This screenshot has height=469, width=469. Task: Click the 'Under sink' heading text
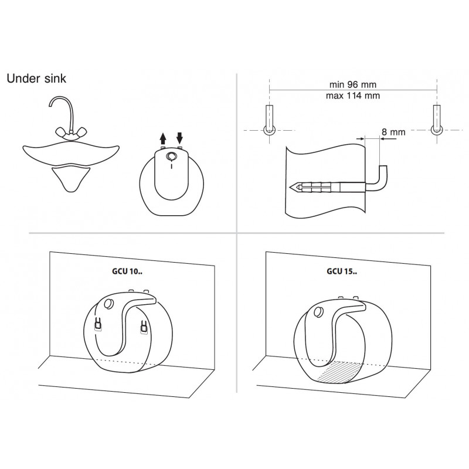[x=36, y=79]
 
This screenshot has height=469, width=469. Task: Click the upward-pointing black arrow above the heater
[x=163, y=139]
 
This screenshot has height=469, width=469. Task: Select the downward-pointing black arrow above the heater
[x=179, y=138]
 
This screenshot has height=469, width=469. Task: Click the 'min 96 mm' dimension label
[x=353, y=84]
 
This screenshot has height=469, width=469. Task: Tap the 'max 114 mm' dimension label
[x=353, y=96]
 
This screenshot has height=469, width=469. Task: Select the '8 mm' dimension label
[x=393, y=132]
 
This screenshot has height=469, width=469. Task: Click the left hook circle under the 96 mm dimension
[x=269, y=130]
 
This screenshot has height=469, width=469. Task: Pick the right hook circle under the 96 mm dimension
[x=437, y=130]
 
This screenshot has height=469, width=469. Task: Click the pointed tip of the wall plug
[x=290, y=187]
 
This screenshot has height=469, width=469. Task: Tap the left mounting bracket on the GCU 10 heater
[x=98, y=324]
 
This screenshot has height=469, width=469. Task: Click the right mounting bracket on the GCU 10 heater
[x=144, y=327]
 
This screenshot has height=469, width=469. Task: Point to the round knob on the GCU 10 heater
[x=108, y=304]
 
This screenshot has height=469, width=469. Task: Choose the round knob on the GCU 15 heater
[x=318, y=312]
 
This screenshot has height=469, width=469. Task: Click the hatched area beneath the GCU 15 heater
[x=340, y=372]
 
